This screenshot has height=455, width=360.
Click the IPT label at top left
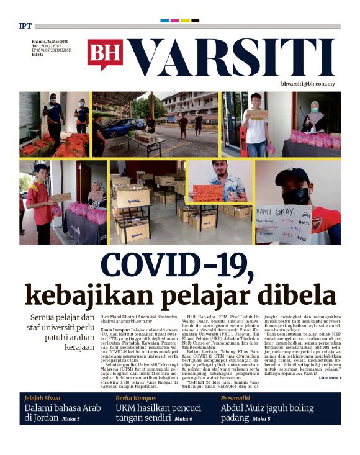point(25,26)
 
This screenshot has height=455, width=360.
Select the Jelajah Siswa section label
point(43,398)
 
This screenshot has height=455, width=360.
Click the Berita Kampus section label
point(137,398)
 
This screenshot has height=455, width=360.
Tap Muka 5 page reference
point(70,420)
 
